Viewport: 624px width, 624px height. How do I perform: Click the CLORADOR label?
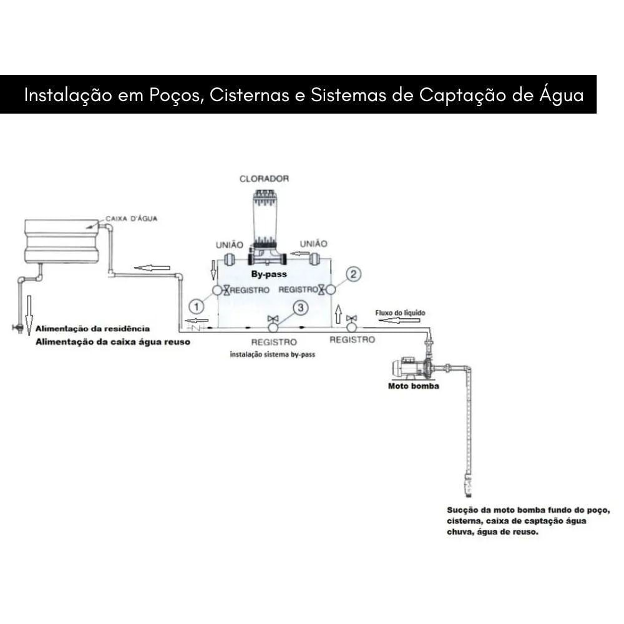click(x=264, y=178)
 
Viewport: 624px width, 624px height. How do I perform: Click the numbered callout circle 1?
click(x=197, y=306)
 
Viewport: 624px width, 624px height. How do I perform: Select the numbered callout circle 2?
click(x=354, y=274)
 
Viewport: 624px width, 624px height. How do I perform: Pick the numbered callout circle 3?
click(x=301, y=307)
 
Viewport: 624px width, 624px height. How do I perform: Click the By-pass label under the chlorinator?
click(x=268, y=274)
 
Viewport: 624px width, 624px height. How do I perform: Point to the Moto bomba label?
click(x=414, y=386)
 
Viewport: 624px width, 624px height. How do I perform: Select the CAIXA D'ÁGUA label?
click(x=131, y=218)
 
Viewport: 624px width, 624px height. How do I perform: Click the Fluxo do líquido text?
click(x=401, y=312)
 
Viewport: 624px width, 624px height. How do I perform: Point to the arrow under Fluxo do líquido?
click(x=393, y=321)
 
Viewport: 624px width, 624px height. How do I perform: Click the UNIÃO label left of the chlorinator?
click(x=229, y=245)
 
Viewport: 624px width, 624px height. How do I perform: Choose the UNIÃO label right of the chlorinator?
click(x=313, y=243)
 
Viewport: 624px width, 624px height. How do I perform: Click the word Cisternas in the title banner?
click(x=250, y=95)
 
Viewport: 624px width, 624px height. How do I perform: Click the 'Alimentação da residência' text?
click(x=92, y=328)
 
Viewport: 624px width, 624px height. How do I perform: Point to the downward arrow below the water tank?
click(x=29, y=308)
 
